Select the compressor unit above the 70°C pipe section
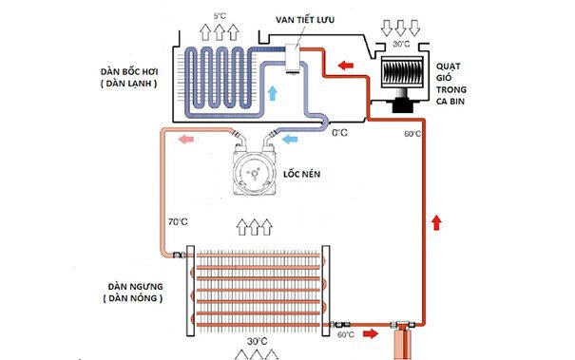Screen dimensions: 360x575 click(x=254, y=170)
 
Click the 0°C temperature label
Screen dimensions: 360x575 click(x=338, y=134)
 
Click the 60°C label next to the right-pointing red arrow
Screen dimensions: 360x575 click(x=347, y=334)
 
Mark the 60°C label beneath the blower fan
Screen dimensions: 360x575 click(x=412, y=135)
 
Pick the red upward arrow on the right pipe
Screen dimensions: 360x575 click(x=436, y=221)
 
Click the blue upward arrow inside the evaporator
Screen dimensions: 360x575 click(x=273, y=93)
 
